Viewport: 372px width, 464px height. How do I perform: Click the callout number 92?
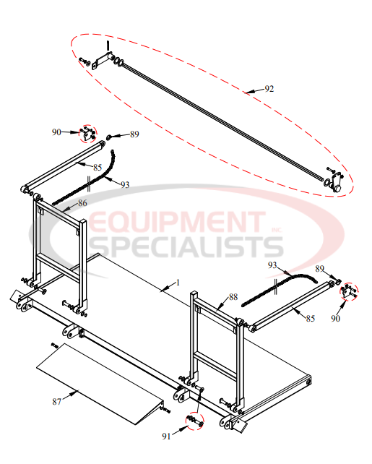click(269, 89)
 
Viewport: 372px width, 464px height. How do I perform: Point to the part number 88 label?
click(233, 296)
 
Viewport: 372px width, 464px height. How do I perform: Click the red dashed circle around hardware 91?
click(193, 420)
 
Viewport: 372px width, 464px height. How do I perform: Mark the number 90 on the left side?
click(56, 132)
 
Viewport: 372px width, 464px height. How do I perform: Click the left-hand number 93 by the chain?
click(124, 185)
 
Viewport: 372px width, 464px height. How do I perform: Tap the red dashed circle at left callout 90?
click(87, 133)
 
